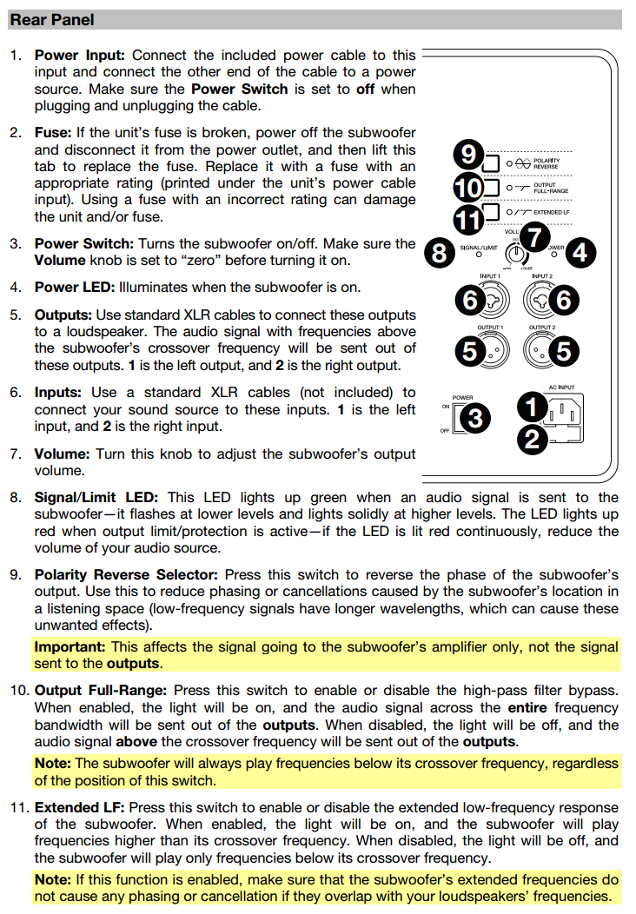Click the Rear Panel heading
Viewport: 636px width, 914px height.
click(52, 19)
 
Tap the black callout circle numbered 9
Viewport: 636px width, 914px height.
click(468, 156)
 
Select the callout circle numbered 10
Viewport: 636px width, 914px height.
click(468, 188)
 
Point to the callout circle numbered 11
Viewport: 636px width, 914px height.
click(468, 218)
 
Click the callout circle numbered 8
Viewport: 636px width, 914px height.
click(440, 253)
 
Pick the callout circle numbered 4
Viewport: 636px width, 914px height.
click(580, 253)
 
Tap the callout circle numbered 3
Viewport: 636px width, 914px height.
click(475, 418)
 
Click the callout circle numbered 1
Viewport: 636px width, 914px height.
click(532, 405)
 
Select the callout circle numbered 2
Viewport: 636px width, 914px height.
click(532, 440)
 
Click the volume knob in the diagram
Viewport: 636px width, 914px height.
click(517, 255)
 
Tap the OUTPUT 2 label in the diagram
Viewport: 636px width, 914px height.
click(542, 328)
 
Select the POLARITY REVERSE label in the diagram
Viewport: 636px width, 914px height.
click(547, 163)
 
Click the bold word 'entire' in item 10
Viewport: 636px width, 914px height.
click(527, 708)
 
